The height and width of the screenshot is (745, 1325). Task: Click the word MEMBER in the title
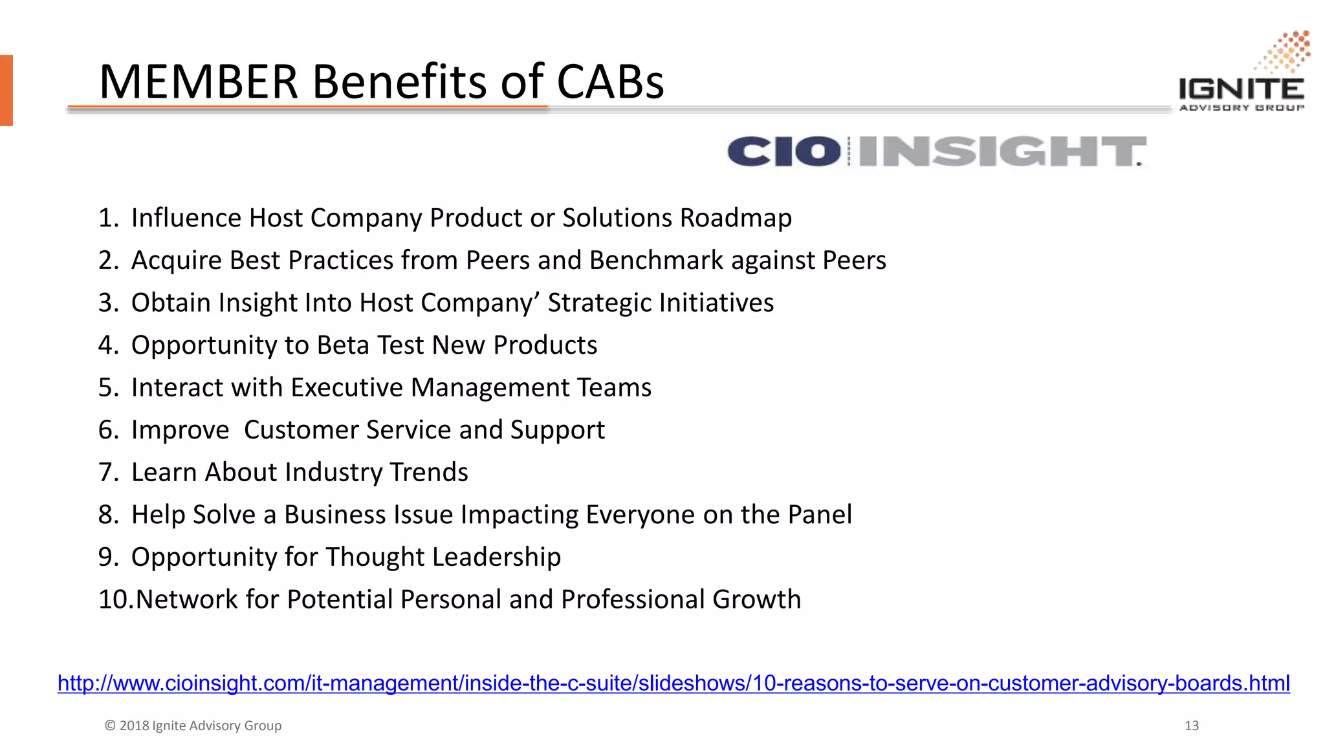pyautogui.click(x=198, y=82)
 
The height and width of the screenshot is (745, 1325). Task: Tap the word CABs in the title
pyautogui.click(x=610, y=82)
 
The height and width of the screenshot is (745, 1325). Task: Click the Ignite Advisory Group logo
pyautogui.click(x=1242, y=74)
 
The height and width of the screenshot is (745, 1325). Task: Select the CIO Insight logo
pyautogui.click(x=936, y=151)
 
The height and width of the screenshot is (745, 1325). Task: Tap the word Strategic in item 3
pyautogui.click(x=599, y=303)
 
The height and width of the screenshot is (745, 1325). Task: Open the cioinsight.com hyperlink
pyautogui.click(x=673, y=684)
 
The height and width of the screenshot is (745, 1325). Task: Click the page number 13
pyautogui.click(x=1191, y=726)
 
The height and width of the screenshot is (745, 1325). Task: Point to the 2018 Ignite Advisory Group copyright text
pyautogui.click(x=193, y=726)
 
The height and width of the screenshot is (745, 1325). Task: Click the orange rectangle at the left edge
pyautogui.click(x=6, y=91)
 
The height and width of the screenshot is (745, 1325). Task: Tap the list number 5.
pyautogui.click(x=107, y=388)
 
